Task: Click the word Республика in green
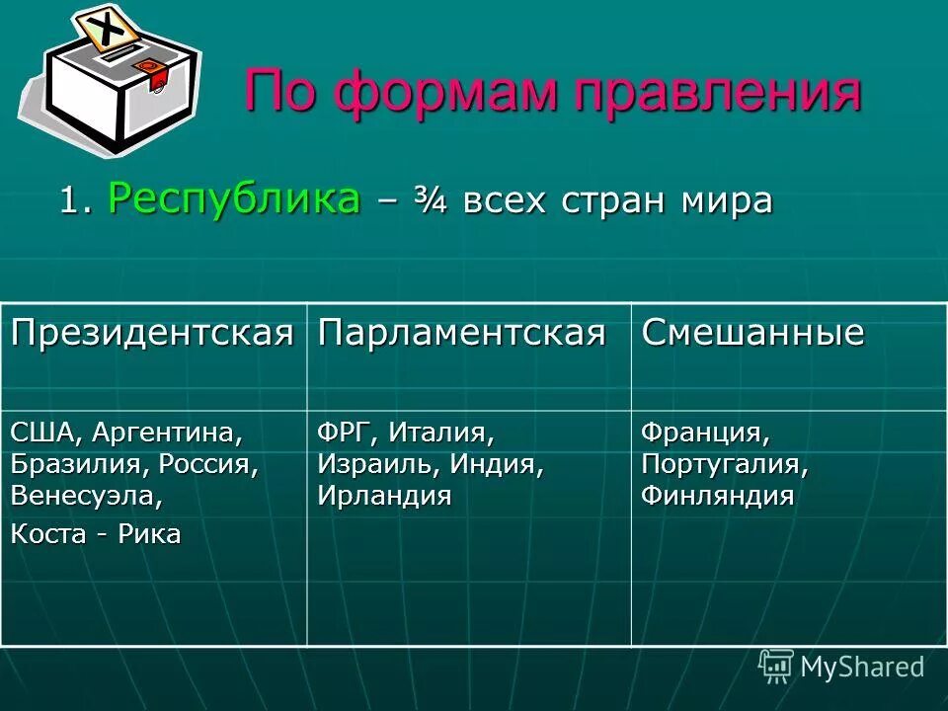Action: [x=233, y=200]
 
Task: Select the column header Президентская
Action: [x=153, y=333]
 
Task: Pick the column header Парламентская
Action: [x=461, y=333]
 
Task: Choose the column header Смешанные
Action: [x=752, y=333]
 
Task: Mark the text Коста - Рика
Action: [x=96, y=535]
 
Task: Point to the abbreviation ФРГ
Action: [x=347, y=433]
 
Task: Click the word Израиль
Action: [x=378, y=464]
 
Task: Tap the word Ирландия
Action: [x=384, y=496]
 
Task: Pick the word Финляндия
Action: [x=717, y=496]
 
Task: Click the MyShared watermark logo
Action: [x=841, y=667]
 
